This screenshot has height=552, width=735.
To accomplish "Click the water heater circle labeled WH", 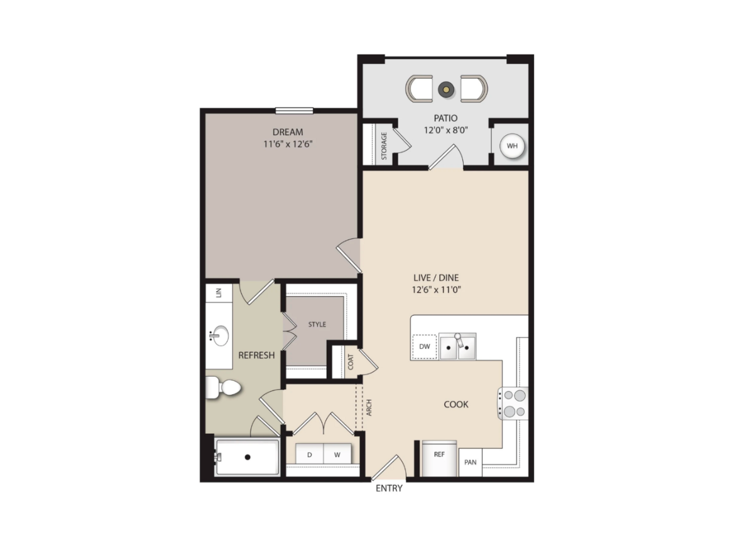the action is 512,146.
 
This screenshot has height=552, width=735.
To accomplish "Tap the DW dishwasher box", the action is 424,346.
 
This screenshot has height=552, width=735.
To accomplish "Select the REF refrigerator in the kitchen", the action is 439,458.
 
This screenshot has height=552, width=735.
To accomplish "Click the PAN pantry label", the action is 470,462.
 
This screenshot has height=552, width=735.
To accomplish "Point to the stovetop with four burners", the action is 513,404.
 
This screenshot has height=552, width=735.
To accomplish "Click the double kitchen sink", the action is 457,346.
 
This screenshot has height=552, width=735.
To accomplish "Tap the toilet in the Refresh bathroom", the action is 224,388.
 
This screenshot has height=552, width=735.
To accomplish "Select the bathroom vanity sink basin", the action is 219,336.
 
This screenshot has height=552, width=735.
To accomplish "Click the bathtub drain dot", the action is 248,457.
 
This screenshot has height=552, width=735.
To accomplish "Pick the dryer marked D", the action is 309,455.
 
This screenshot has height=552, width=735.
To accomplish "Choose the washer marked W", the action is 337,455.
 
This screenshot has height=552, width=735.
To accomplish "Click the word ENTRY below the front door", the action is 389,489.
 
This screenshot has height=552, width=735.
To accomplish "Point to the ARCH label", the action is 369,407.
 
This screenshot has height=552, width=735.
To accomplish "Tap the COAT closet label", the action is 351,362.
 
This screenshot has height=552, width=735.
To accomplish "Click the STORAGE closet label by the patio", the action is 384,146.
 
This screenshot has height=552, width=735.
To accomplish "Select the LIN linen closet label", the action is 219,292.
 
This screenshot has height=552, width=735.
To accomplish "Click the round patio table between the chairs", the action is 446,89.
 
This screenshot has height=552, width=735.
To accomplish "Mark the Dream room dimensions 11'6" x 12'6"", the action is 288,144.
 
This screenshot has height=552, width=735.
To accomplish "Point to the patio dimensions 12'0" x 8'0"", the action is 446,130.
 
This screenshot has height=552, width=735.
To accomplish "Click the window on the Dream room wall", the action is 294,111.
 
